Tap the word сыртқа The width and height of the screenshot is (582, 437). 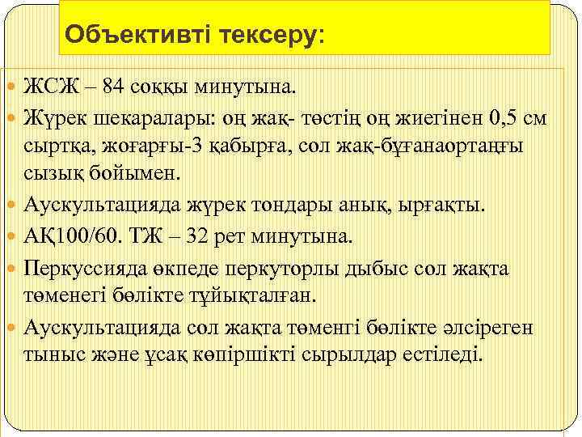click(x=57, y=146)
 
